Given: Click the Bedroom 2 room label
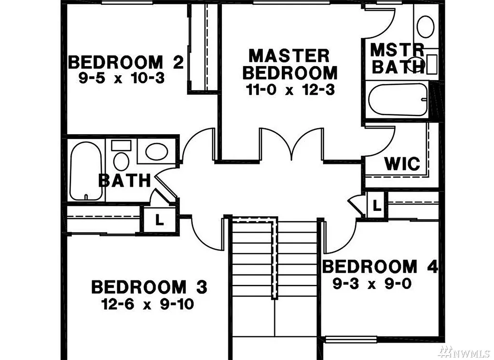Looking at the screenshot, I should click(x=126, y=62).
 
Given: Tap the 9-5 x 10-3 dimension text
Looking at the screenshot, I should click(x=122, y=77).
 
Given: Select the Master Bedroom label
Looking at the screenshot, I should click(x=289, y=64).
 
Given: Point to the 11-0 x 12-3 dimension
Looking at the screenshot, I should click(x=289, y=89).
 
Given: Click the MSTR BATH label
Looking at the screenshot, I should click(x=397, y=58).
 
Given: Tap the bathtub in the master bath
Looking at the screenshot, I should click(x=398, y=99).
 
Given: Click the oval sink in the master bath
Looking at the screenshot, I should click(x=425, y=26).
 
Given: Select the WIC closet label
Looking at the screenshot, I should click(x=402, y=164).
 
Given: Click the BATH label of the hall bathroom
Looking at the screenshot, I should click(x=124, y=180).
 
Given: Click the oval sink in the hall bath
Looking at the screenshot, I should click(x=156, y=152).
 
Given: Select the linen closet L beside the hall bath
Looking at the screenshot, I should click(x=159, y=221).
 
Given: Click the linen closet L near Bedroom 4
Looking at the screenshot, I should click(x=377, y=205).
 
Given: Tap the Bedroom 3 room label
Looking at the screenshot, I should click(x=149, y=287).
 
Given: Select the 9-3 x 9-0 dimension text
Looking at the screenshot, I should click(x=372, y=284).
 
